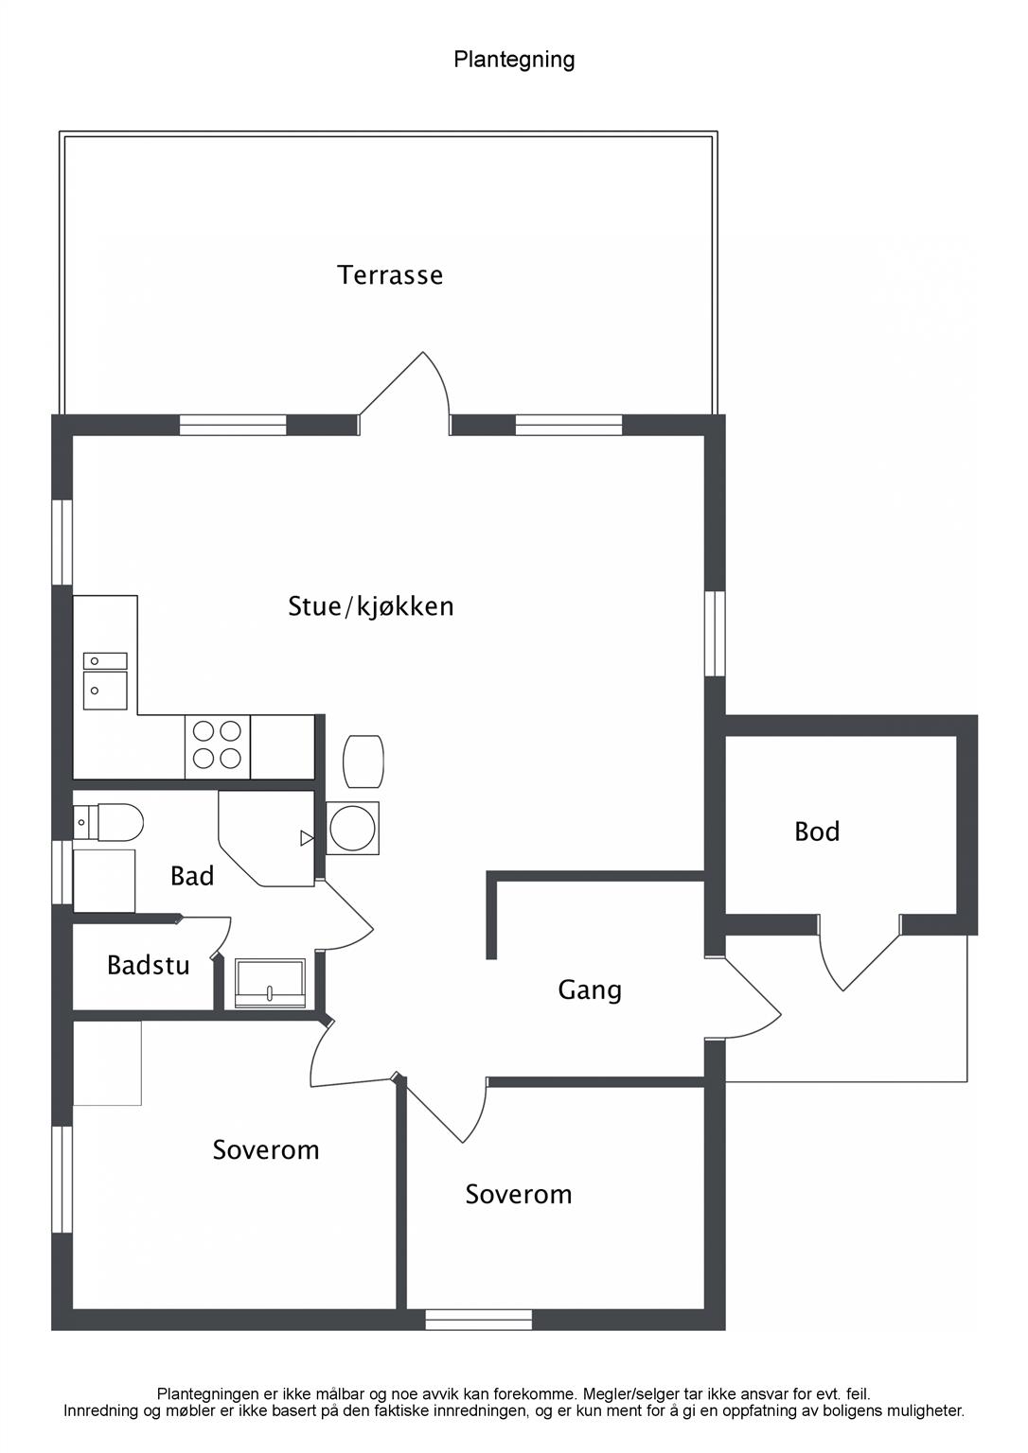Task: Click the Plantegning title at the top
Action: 514,60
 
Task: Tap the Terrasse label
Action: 390,275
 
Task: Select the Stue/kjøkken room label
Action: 370,606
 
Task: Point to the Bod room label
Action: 817,832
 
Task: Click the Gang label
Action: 590,990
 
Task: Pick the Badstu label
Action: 149,965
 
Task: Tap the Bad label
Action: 192,876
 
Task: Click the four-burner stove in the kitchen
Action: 218,746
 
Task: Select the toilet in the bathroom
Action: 108,822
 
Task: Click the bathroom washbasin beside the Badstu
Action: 270,984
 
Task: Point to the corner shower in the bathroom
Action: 266,838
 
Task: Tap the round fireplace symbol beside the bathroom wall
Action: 352,829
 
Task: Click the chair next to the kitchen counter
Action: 363,761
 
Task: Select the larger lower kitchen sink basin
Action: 105,691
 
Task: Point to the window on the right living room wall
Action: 715,634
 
